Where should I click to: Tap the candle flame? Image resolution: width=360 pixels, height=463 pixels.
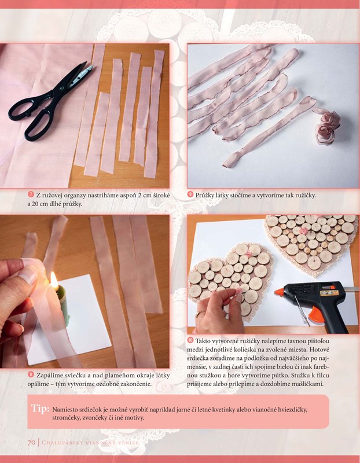pyautogui.click(x=54, y=281)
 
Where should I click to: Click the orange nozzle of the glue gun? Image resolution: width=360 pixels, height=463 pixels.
pyautogui.click(x=279, y=293)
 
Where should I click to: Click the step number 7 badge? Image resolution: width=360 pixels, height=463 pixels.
pyautogui.click(x=31, y=194)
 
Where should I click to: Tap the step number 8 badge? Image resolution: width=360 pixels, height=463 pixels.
pyautogui.click(x=31, y=374)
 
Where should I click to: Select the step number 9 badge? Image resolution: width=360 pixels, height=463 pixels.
pyautogui.click(x=190, y=194)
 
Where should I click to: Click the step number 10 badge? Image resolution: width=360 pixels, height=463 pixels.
pyautogui.click(x=190, y=340)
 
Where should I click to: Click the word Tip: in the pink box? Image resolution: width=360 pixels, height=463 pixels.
pyautogui.click(x=40, y=409)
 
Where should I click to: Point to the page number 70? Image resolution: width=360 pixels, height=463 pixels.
pyautogui.click(x=32, y=442)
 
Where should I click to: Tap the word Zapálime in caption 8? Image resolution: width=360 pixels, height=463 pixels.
pyautogui.click(x=50, y=376)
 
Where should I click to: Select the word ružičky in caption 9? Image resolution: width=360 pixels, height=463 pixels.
pyautogui.click(x=304, y=196)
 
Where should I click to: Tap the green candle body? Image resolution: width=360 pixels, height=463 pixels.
pyautogui.click(x=64, y=304)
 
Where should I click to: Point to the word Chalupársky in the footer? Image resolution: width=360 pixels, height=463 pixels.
pyautogui.click(x=61, y=443)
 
